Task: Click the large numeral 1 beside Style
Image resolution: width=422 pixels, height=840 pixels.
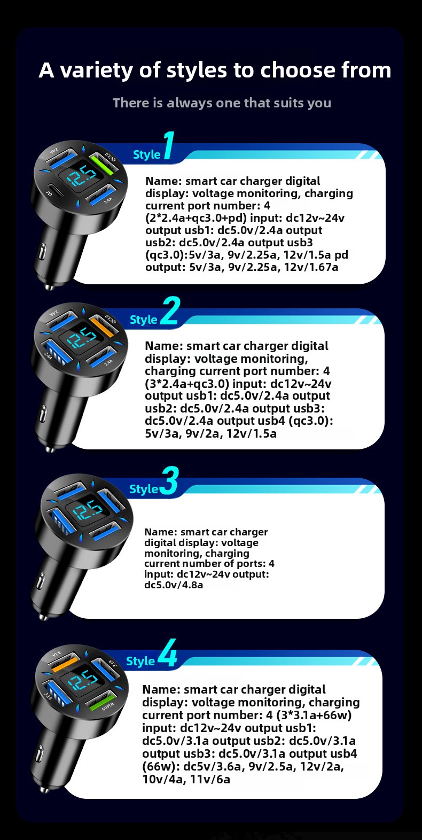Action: pyautogui.click(x=169, y=145)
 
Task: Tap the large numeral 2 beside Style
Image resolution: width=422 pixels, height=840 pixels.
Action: pyautogui.click(x=170, y=310)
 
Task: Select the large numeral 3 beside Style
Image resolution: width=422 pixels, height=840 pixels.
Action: pyautogui.click(x=169, y=480)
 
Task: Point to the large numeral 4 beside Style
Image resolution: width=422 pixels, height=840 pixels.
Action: pyautogui.click(x=167, y=654)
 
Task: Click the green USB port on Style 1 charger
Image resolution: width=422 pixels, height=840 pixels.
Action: pyautogui.click(x=103, y=164)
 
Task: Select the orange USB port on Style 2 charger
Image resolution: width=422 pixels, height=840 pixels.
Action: pyautogui.click(x=101, y=326)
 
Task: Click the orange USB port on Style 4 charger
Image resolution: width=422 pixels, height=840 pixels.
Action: pyautogui.click(x=64, y=663)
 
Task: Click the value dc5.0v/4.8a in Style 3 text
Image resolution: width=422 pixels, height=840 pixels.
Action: pyautogui.click(x=174, y=585)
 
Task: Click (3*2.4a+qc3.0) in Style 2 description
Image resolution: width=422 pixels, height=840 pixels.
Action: pyautogui.click(x=187, y=384)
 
